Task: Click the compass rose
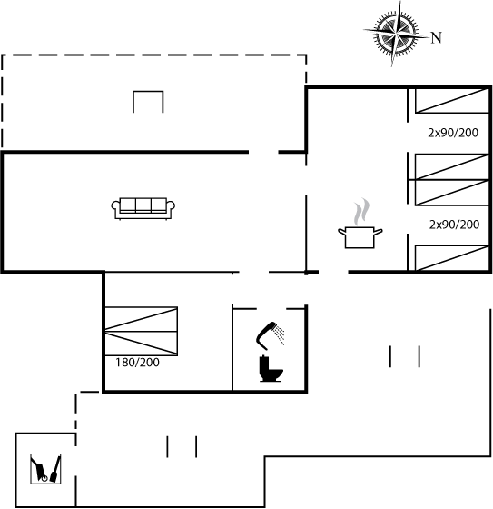[395, 33]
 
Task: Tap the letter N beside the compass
[436, 37]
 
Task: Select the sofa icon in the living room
[143, 208]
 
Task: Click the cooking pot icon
[360, 237]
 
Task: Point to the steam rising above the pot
[361, 212]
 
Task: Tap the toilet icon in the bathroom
[271, 369]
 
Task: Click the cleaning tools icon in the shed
[45, 469]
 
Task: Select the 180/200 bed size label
[137, 363]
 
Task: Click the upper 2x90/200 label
[453, 133]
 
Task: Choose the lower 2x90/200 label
[454, 225]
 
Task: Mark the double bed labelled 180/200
[141, 331]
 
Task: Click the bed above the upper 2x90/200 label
[452, 101]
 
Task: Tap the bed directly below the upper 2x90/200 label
[452, 166]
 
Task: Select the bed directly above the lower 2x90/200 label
[452, 193]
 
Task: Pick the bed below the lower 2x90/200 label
[452, 258]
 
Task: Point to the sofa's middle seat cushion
[143, 205]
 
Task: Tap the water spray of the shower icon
[280, 335]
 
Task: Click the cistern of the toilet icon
[263, 363]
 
